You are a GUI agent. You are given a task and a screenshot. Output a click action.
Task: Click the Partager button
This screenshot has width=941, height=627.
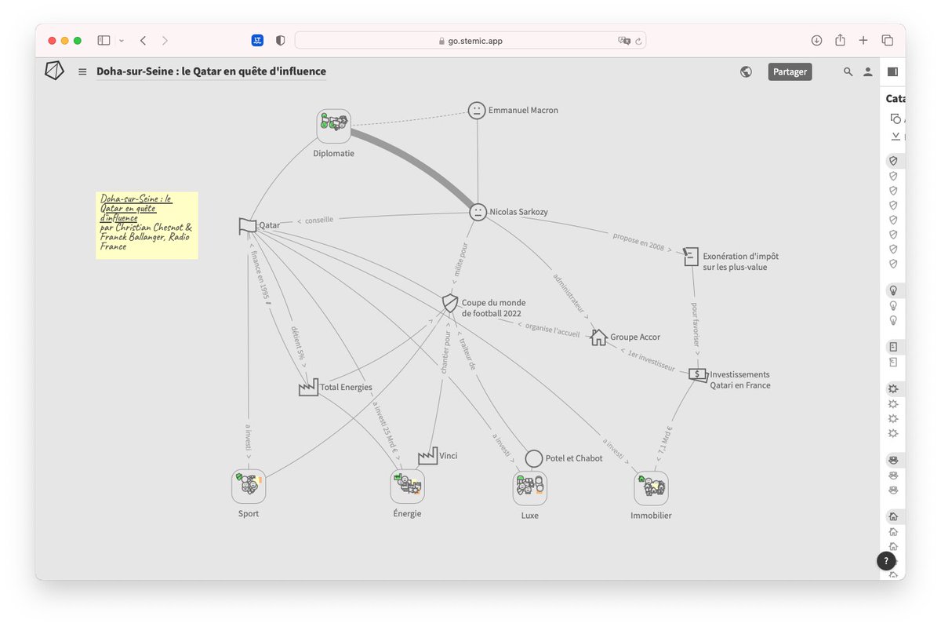pyautogui.click(x=790, y=71)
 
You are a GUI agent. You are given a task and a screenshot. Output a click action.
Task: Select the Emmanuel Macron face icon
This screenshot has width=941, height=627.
pyautogui.click(x=477, y=111)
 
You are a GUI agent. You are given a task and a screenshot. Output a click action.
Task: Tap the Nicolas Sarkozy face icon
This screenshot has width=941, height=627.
pyautogui.click(x=478, y=212)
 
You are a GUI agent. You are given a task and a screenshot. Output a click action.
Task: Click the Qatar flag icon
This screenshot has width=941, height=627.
pyautogui.click(x=248, y=226)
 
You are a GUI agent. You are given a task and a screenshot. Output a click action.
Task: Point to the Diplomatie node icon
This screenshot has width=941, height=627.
pyautogui.click(x=334, y=126)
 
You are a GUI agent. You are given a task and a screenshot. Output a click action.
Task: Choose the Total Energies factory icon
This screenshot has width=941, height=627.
pyautogui.click(x=308, y=387)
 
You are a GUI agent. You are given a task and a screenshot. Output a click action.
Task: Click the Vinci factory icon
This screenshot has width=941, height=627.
pyautogui.click(x=427, y=456)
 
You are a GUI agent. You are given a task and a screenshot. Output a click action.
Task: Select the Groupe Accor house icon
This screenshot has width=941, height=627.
pyautogui.click(x=598, y=337)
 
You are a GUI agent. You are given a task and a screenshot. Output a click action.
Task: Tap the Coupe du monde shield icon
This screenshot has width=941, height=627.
pyautogui.click(x=450, y=303)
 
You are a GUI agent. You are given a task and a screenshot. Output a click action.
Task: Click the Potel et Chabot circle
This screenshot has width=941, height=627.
pyautogui.click(x=534, y=458)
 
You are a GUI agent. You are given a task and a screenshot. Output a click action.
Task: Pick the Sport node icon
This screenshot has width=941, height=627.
pyautogui.click(x=249, y=487)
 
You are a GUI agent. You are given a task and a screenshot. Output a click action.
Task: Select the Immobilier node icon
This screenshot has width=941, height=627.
pyautogui.click(x=651, y=488)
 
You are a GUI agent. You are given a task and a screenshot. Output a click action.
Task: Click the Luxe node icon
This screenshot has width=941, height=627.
pyautogui.click(x=530, y=488)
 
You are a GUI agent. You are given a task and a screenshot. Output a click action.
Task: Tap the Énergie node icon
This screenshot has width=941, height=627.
pyautogui.click(x=408, y=487)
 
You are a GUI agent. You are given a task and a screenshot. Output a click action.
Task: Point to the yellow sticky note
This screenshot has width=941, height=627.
pyautogui.click(x=147, y=225)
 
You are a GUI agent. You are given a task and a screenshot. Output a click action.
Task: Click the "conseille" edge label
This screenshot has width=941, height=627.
pyautogui.click(x=314, y=221)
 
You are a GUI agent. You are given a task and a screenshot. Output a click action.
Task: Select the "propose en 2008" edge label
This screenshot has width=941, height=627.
pyautogui.click(x=638, y=241)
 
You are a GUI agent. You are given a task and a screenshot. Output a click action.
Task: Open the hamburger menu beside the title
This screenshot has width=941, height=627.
pyautogui.click(x=82, y=72)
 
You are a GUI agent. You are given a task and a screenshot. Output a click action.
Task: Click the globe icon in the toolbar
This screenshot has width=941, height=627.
pyautogui.click(x=746, y=71)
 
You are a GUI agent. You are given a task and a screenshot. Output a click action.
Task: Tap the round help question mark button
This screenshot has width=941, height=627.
pyautogui.click(x=886, y=560)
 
